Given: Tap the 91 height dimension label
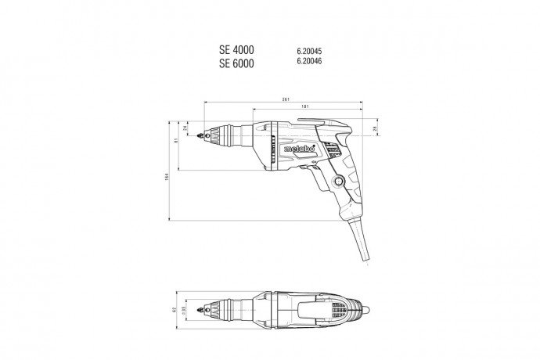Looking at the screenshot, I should click(177, 141).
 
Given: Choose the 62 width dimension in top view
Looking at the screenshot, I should click(177, 310).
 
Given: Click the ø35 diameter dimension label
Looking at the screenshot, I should click(185, 311).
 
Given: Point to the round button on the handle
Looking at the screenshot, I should click(338, 182).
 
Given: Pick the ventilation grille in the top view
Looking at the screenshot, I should click(338, 311).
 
